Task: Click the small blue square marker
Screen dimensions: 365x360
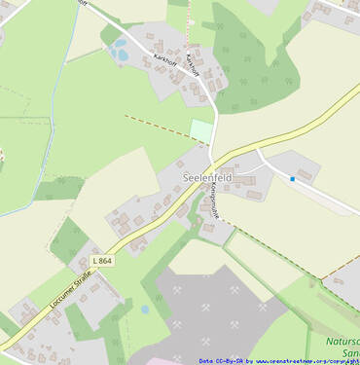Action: coord(292,179)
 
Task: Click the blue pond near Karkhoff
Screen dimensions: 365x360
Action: coord(120,51)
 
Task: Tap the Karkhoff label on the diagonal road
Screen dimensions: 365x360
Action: coord(164,58)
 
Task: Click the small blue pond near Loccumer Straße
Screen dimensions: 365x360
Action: coord(145,310)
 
